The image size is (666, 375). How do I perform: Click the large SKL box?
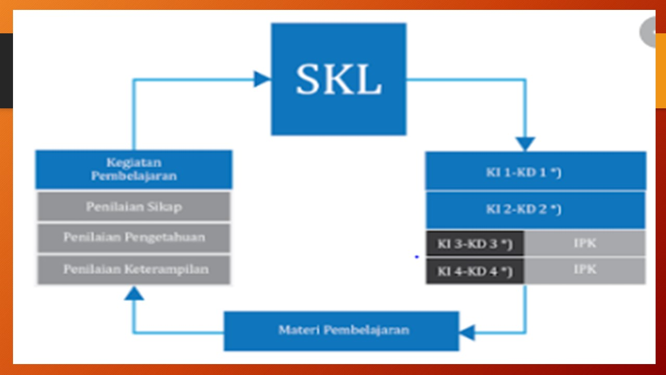click(x=338, y=79)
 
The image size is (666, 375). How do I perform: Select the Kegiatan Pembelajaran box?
click(x=134, y=169)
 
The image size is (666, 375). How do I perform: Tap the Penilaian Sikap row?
click(x=134, y=207)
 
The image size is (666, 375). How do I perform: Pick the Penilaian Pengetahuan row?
click(x=134, y=238)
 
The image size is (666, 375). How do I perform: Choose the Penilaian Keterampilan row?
click(x=134, y=269)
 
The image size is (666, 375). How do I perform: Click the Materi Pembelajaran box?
click(x=341, y=331)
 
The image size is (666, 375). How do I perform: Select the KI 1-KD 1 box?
click(x=535, y=171)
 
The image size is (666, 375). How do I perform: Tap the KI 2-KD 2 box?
click(x=535, y=209)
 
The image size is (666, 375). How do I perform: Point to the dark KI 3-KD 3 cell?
click(x=475, y=244)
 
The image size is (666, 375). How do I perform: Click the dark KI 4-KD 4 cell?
click(x=475, y=271)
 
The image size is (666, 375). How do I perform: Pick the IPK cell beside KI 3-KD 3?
click(x=585, y=243)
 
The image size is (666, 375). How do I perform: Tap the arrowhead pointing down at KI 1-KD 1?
click(x=525, y=144)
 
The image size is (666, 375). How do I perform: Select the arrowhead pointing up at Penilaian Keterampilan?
click(x=134, y=294)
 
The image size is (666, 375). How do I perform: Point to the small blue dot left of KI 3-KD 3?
click(x=417, y=257)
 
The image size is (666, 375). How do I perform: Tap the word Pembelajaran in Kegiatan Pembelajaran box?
click(x=134, y=176)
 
